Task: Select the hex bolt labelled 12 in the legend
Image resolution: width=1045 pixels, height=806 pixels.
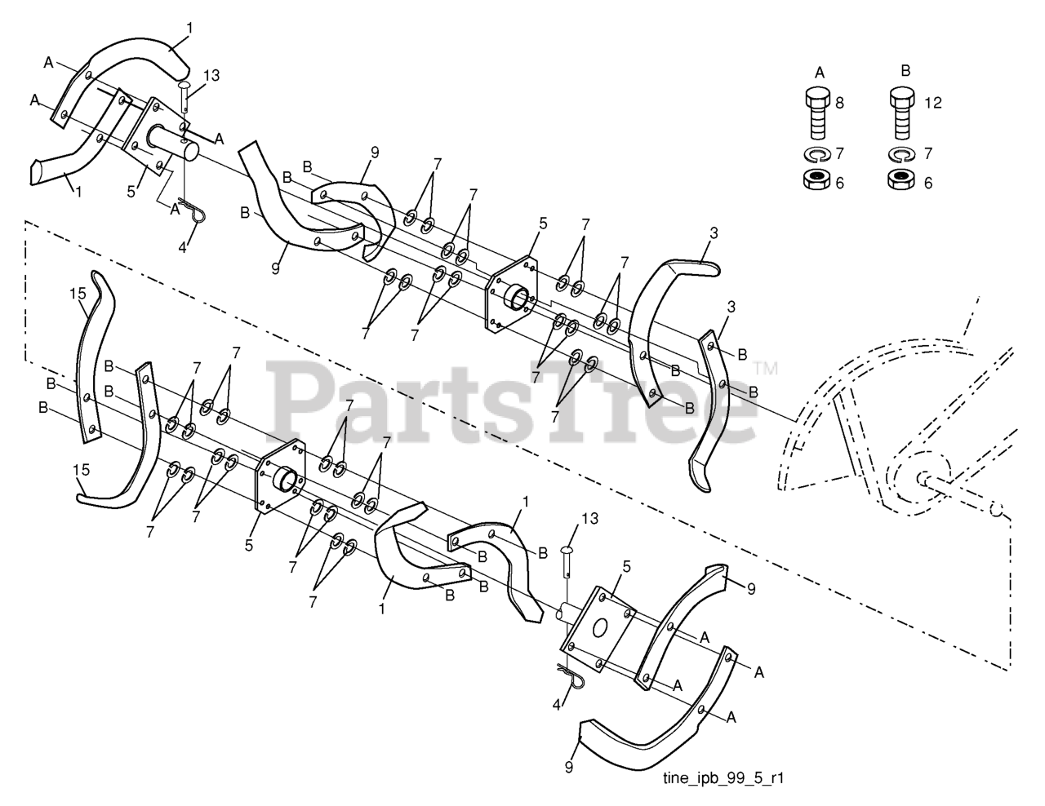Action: [901, 114]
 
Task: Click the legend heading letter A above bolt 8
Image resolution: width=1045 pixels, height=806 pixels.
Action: [820, 72]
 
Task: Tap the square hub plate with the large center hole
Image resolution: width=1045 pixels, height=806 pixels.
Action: [600, 629]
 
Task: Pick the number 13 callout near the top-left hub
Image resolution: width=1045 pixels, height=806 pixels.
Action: [211, 76]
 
